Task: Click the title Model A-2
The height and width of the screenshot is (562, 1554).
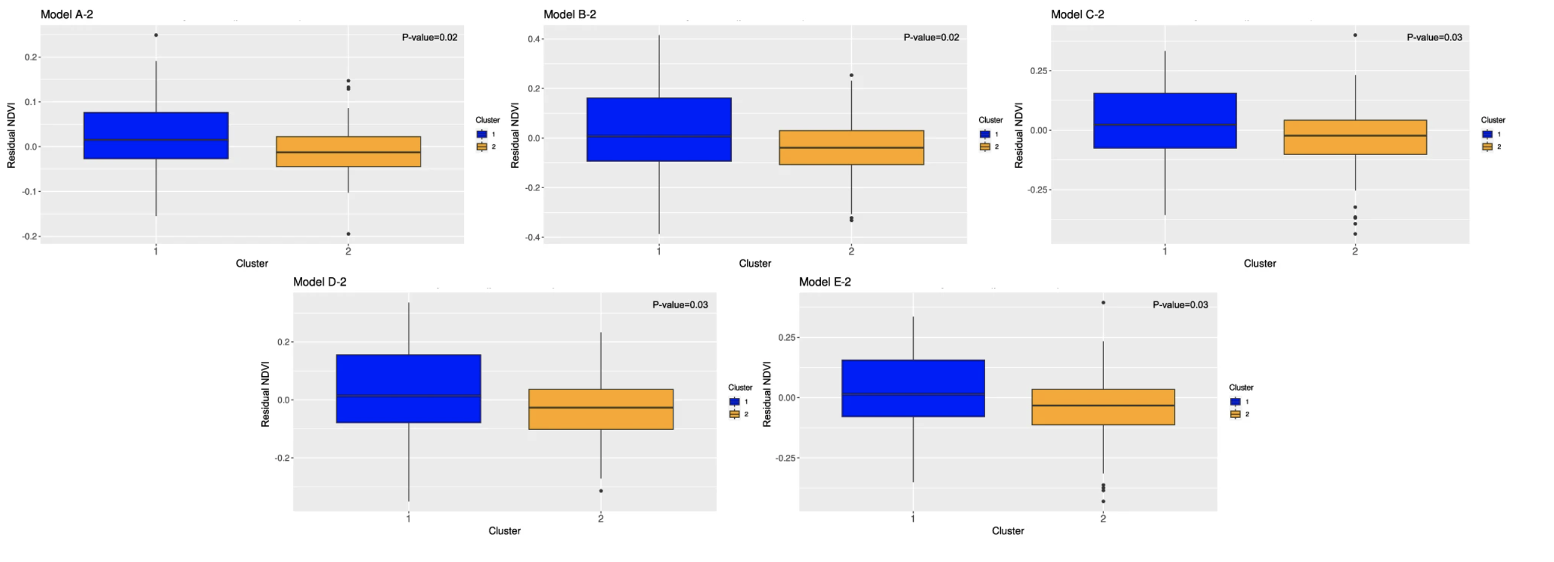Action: click(66, 14)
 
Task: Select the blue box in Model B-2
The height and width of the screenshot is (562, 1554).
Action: click(659, 129)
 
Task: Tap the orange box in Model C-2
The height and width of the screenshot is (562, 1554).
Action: click(1355, 137)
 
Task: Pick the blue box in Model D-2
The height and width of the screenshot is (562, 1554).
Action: click(408, 388)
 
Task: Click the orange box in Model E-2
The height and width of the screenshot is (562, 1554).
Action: click(1103, 407)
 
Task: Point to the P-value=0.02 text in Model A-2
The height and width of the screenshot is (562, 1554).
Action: click(430, 37)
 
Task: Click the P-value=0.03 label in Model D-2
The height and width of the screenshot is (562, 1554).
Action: click(680, 305)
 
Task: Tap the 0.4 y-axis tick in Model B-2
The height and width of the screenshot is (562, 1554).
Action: click(534, 39)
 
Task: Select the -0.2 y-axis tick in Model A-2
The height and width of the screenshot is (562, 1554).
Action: click(30, 236)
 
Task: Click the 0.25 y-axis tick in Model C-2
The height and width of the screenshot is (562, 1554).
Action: click(1039, 71)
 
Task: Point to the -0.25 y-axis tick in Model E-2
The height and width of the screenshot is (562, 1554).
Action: click(787, 458)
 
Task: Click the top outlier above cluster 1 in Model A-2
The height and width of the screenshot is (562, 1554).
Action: click(156, 35)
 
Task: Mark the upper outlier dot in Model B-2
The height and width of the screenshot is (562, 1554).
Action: click(851, 75)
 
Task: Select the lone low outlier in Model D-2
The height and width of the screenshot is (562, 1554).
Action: click(601, 491)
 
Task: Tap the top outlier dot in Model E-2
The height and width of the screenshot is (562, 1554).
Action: click(1103, 303)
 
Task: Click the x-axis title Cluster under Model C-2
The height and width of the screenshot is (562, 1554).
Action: click(1260, 264)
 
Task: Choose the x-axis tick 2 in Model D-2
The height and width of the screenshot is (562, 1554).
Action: click(601, 519)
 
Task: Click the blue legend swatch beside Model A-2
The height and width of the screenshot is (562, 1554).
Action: click(481, 134)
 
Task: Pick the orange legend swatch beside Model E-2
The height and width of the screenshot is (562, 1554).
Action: click(1235, 414)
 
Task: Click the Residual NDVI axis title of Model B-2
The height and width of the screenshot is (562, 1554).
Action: click(515, 135)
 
